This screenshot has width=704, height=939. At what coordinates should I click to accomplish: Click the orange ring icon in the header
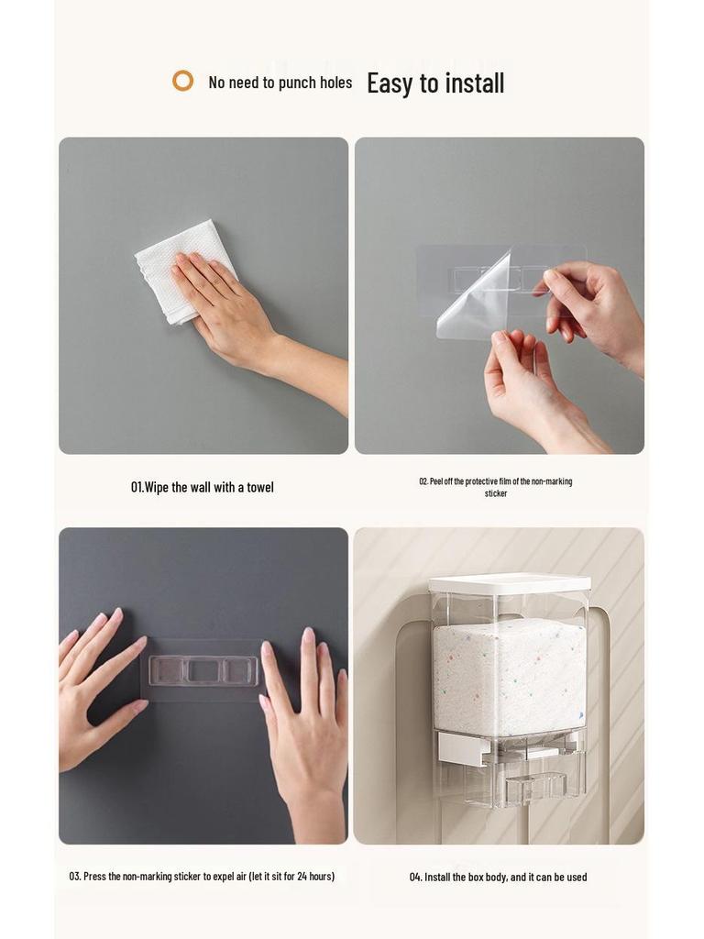183,81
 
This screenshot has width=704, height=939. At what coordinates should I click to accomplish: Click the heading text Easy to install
435,83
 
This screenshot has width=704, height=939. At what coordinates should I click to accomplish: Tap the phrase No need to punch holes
280,83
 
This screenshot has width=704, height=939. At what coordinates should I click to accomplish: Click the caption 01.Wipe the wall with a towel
202,487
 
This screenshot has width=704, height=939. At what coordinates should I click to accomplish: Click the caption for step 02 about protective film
495,487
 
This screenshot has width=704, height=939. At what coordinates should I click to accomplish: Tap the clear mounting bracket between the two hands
203,670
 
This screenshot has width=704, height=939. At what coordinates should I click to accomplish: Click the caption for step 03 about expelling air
202,877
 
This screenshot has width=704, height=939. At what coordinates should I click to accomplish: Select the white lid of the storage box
510,583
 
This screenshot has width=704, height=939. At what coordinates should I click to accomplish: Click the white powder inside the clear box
509,674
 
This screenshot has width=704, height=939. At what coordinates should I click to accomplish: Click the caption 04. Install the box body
498,878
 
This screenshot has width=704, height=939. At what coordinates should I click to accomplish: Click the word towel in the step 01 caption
260,487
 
